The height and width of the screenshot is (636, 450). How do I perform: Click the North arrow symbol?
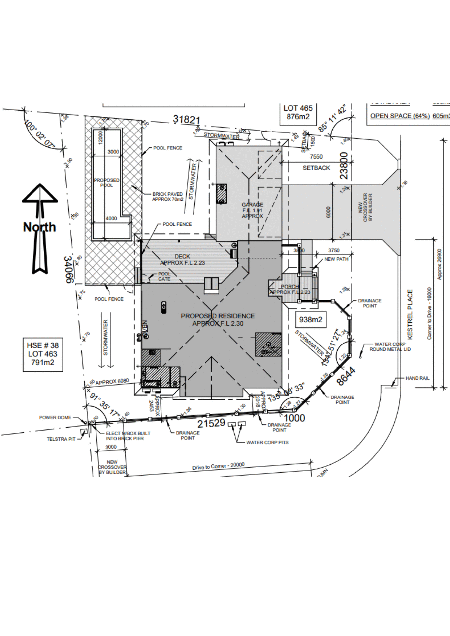point(40,228)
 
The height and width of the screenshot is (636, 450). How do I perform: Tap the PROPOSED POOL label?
point(106,183)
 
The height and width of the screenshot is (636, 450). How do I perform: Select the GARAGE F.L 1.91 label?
point(252,210)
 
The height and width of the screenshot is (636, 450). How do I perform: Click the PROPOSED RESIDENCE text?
point(218,316)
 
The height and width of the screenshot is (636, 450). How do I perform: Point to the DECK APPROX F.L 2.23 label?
point(182,259)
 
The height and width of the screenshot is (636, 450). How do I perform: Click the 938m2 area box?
point(310,320)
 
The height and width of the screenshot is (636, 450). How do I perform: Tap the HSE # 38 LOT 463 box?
point(42,354)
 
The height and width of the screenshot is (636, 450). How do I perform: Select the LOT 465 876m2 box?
point(298,112)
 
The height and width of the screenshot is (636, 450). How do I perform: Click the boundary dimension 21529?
point(211,423)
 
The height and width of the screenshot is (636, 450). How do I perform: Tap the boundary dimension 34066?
point(68,269)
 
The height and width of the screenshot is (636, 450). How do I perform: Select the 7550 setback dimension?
point(316,156)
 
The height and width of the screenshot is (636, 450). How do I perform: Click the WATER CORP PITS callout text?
point(267,442)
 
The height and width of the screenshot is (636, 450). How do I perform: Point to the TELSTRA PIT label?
point(61,439)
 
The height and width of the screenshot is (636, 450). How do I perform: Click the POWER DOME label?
point(55,417)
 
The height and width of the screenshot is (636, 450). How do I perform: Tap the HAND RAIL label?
point(417,378)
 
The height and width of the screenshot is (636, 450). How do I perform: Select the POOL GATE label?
point(164,276)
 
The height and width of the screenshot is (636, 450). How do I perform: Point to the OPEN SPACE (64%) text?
point(400,116)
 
